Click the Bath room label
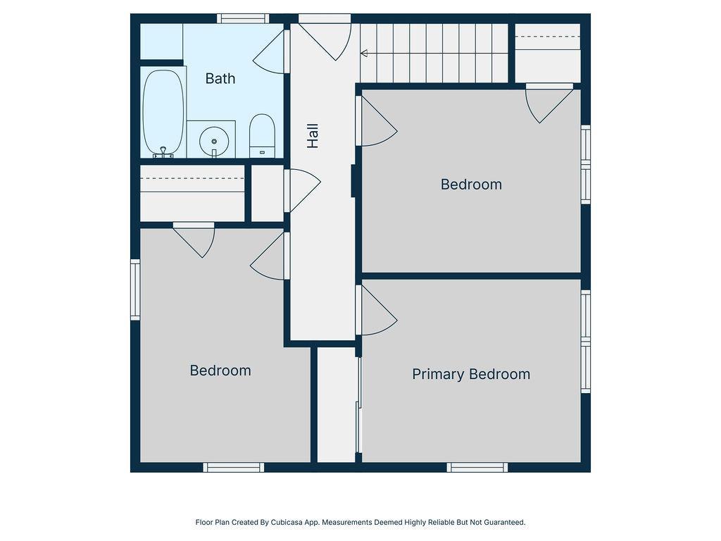[220, 79]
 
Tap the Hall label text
[313, 136]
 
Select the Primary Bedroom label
[471, 374]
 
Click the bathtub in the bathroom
[163, 112]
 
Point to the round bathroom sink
[214, 141]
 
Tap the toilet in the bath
[262, 136]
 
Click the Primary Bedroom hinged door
[376, 310]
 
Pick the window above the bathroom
[243, 18]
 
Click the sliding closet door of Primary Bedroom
[358, 405]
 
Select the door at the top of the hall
[325, 37]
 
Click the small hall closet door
[302, 191]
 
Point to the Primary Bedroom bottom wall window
[477, 468]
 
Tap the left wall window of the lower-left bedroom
[135, 290]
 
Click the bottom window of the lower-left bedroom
[234, 468]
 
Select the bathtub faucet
[163, 152]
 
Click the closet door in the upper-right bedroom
[549, 103]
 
